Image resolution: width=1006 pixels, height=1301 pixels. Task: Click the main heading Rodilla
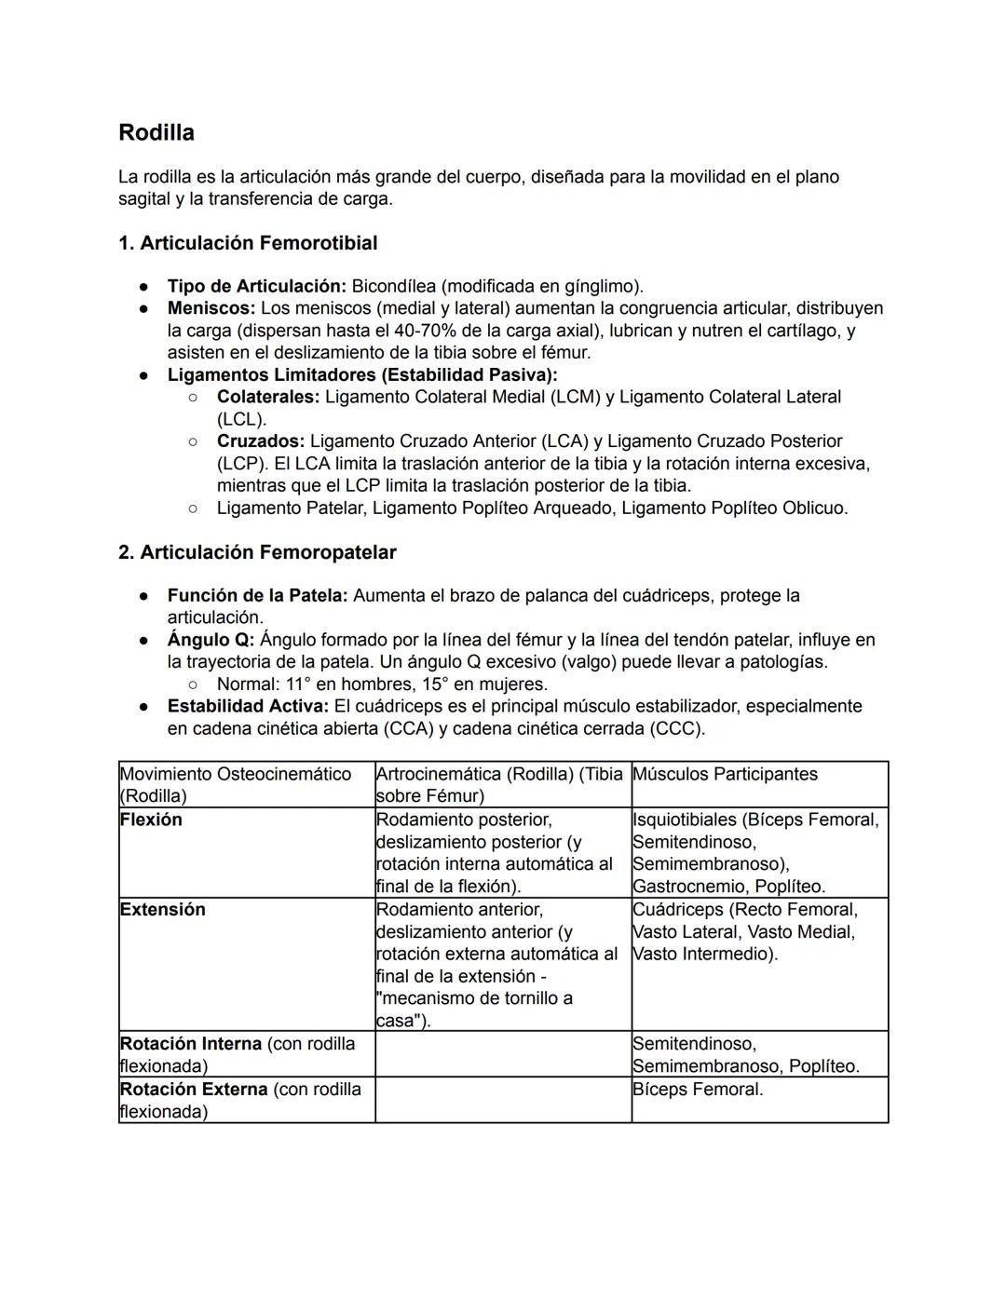[156, 133]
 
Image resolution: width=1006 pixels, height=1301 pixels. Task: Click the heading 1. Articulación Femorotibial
[248, 243]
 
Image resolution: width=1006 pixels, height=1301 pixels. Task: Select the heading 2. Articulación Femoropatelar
[257, 552]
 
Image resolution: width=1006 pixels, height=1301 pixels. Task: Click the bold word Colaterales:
[267, 397]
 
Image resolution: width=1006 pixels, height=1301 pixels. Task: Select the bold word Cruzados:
[260, 441]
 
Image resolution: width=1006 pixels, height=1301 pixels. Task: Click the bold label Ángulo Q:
[210, 640]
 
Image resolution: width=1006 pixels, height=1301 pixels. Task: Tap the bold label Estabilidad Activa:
[247, 707]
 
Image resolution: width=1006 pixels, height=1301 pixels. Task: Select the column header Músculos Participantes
[725, 774]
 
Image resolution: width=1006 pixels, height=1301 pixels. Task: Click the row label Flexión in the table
[151, 820]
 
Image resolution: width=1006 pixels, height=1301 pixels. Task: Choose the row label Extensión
[162, 910]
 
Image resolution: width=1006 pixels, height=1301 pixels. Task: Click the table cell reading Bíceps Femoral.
[697, 1090]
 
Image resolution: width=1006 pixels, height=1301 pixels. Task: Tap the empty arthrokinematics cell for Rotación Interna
[503, 1054]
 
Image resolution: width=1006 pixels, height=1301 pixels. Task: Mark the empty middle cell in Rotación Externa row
[503, 1100]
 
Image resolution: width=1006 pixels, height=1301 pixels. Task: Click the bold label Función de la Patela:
[257, 595]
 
